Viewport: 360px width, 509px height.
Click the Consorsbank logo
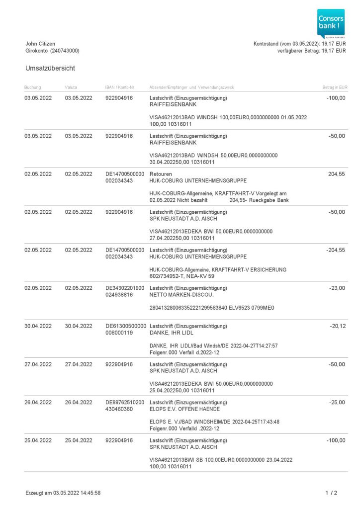click(331, 23)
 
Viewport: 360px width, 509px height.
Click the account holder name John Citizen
click(40, 44)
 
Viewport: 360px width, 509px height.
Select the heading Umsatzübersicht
click(50, 68)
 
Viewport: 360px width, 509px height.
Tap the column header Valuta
click(71, 87)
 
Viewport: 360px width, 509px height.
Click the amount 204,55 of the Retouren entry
click(337, 174)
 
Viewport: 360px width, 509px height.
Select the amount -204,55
click(335, 250)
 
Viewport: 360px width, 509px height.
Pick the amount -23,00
click(337, 288)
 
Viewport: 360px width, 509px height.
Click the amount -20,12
click(337, 326)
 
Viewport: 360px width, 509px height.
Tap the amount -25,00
click(337, 403)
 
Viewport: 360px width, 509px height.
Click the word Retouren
click(160, 174)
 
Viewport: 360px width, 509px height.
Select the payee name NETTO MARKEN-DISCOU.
click(179, 295)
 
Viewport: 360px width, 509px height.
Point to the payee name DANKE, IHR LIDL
click(172, 333)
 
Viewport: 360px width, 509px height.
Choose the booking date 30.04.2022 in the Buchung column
click(38, 326)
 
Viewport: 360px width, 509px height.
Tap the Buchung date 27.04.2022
click(38, 364)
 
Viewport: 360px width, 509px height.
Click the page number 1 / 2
click(331, 493)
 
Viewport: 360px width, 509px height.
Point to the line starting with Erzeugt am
click(63, 493)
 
